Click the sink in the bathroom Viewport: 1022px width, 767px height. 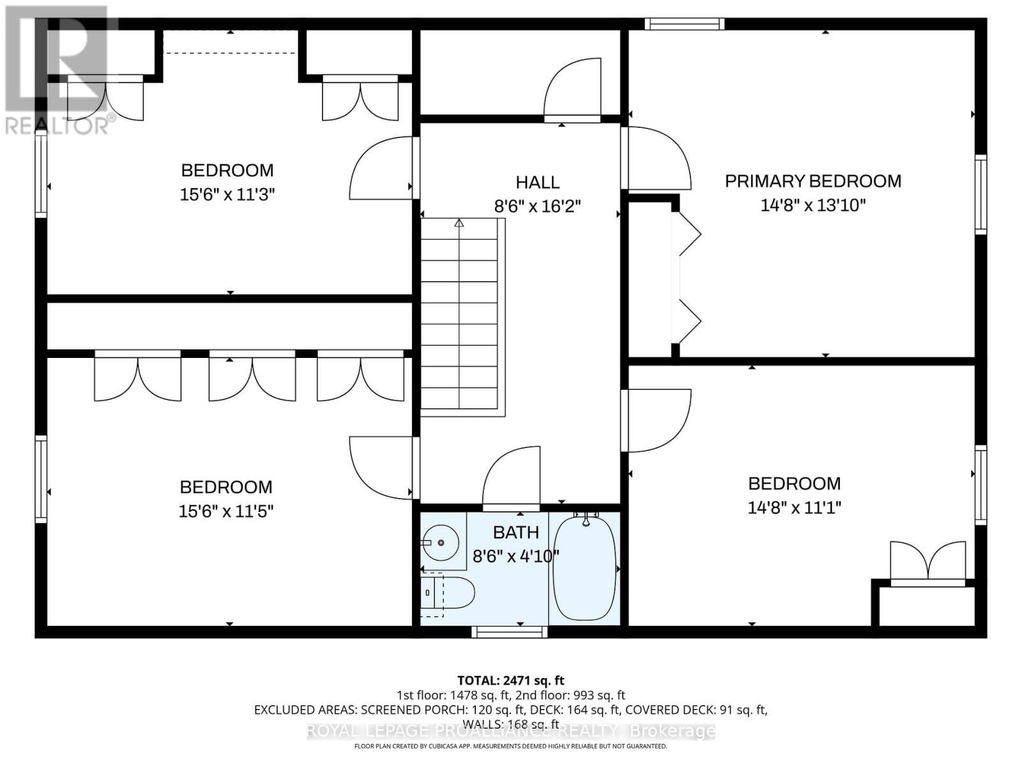point(440,543)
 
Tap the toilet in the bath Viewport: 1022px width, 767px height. point(451,593)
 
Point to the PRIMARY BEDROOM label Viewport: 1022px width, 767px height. point(812,181)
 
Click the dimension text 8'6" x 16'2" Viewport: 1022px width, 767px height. point(537,206)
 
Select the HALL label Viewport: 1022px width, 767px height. point(537,182)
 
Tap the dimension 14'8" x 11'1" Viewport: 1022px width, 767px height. point(794,507)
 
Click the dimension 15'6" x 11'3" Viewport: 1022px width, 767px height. point(227,194)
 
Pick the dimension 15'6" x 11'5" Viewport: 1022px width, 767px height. point(226,511)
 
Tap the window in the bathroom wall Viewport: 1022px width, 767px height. point(509,631)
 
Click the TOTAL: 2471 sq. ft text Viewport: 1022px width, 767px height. point(510,681)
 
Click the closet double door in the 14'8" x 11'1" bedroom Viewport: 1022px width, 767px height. point(927,562)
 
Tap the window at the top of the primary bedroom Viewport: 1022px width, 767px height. point(684,24)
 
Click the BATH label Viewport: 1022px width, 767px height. point(515,532)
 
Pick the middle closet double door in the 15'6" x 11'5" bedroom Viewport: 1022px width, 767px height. point(252,377)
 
